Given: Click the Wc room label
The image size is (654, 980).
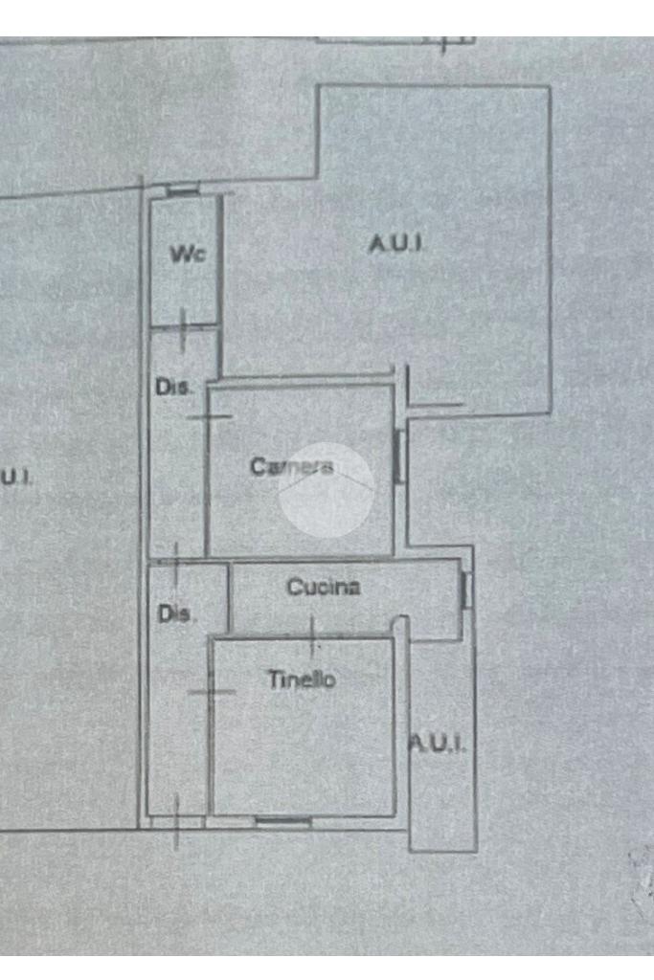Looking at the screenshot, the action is point(188,254).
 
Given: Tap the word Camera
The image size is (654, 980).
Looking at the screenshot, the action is point(291,467).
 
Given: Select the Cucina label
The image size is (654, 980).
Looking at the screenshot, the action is point(324,588).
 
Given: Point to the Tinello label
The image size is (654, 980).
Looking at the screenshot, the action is point(301,680).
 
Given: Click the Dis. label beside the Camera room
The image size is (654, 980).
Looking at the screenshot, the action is point(173,388).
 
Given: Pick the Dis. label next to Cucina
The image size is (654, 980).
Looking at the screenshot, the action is point(176,614).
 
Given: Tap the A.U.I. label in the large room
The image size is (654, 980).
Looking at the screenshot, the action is point(395,244).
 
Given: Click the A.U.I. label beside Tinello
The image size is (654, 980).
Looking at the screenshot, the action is point(439,743).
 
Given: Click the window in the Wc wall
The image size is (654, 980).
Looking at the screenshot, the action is point(182,191).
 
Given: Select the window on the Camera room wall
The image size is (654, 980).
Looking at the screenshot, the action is point(399,456).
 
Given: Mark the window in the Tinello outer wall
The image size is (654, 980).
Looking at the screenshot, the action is point(282,820).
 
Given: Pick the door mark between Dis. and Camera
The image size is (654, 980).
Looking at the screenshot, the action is point(208,416).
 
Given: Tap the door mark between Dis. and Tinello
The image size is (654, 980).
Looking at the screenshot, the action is point(212,692).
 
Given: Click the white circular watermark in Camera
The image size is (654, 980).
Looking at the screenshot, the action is point(326,490).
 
